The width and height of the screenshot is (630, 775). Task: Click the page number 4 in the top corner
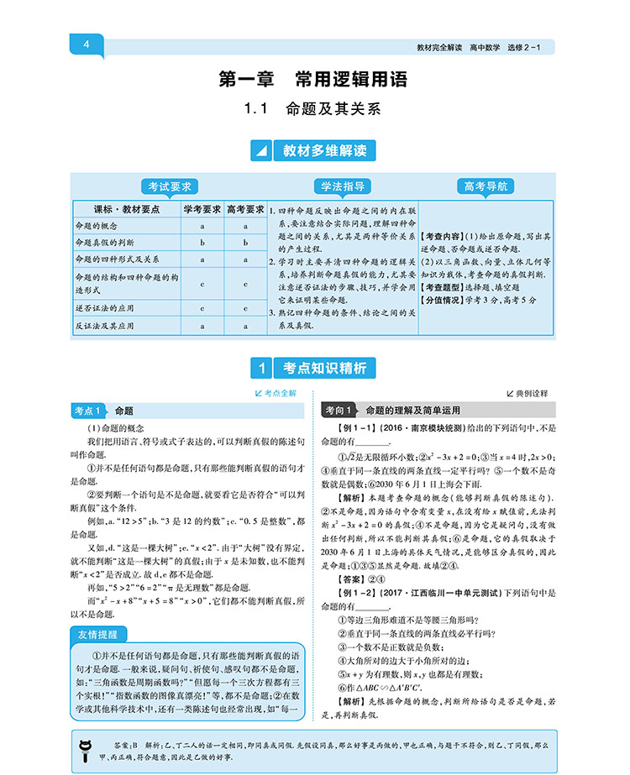click(x=87, y=45)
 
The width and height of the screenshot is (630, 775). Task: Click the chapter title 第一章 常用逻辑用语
click(x=313, y=80)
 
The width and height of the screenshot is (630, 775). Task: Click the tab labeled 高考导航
click(x=485, y=186)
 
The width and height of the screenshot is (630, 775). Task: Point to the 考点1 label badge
click(x=91, y=411)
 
